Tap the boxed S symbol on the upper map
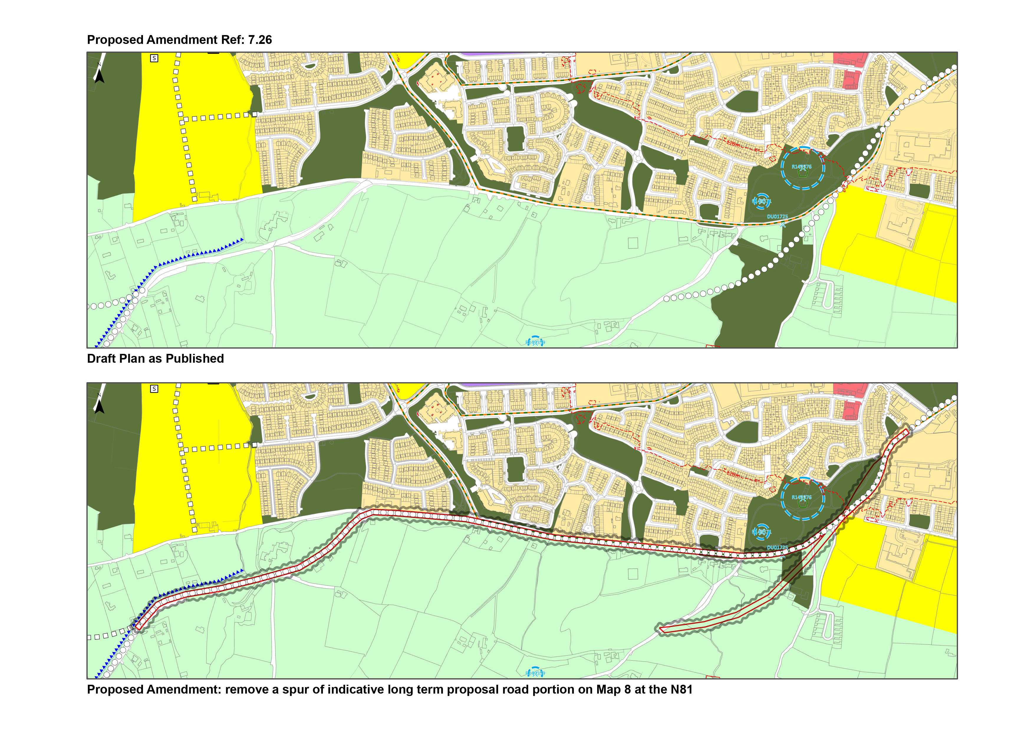[x=154, y=58]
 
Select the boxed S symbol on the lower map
[x=154, y=389]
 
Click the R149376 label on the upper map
[x=802, y=166]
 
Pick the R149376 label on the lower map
[x=802, y=497]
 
